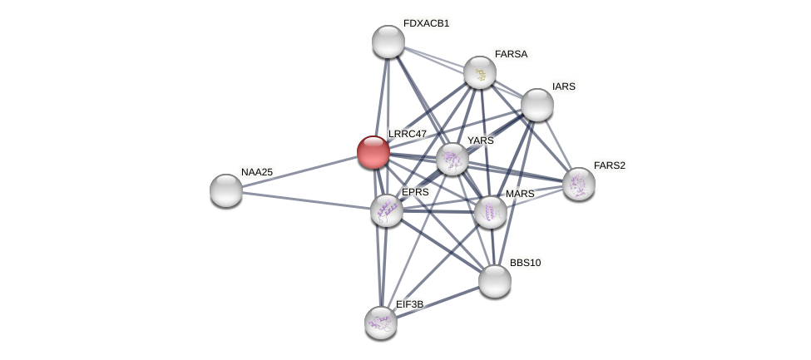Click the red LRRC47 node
pos(373,152)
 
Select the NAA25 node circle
pos(226,190)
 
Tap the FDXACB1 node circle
pos(388,42)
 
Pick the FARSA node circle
pos(480,72)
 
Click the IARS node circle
pos(537,105)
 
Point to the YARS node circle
pos(452,159)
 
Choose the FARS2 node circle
pos(579,184)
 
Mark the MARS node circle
pos(491,212)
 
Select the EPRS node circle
pos(387,210)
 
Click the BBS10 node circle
pos(495,281)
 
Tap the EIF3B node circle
pos(381,323)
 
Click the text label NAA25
pos(257,172)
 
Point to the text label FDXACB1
pos(426,23)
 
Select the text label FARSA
pos(511,54)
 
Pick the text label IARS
pos(563,86)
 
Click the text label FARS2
pos(609,165)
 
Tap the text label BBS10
pos(525,263)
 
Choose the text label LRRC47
pos(407,134)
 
